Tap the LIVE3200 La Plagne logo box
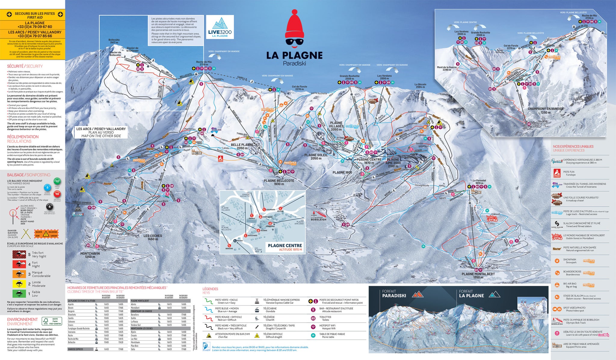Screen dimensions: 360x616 pyautogui.click(x=220, y=28)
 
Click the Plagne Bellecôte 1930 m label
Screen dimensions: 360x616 pyautogui.click(x=279, y=182)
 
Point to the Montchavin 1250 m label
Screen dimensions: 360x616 pyautogui.click(x=90, y=255)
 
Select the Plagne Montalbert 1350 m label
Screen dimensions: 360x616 pyautogui.click(x=478, y=275)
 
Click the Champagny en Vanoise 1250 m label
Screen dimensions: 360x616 pyautogui.click(x=546, y=110)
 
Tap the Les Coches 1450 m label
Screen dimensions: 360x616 pyautogui.click(x=152, y=237)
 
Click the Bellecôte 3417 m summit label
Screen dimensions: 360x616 pyautogui.click(x=114, y=41)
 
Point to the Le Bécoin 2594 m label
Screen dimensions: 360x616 pyautogui.click(x=420, y=86)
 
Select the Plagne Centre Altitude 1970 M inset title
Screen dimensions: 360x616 pyautogui.click(x=285, y=247)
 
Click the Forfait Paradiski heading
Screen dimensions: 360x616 pyautogui.click(x=394, y=294)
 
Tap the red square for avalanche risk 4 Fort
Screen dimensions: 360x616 pyautogui.click(x=19, y=264)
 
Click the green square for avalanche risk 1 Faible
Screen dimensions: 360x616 pyautogui.click(x=19, y=293)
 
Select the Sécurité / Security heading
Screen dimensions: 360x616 pyautogui.click(x=25, y=66)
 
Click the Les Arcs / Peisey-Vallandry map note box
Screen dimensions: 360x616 pyautogui.click(x=101, y=132)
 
